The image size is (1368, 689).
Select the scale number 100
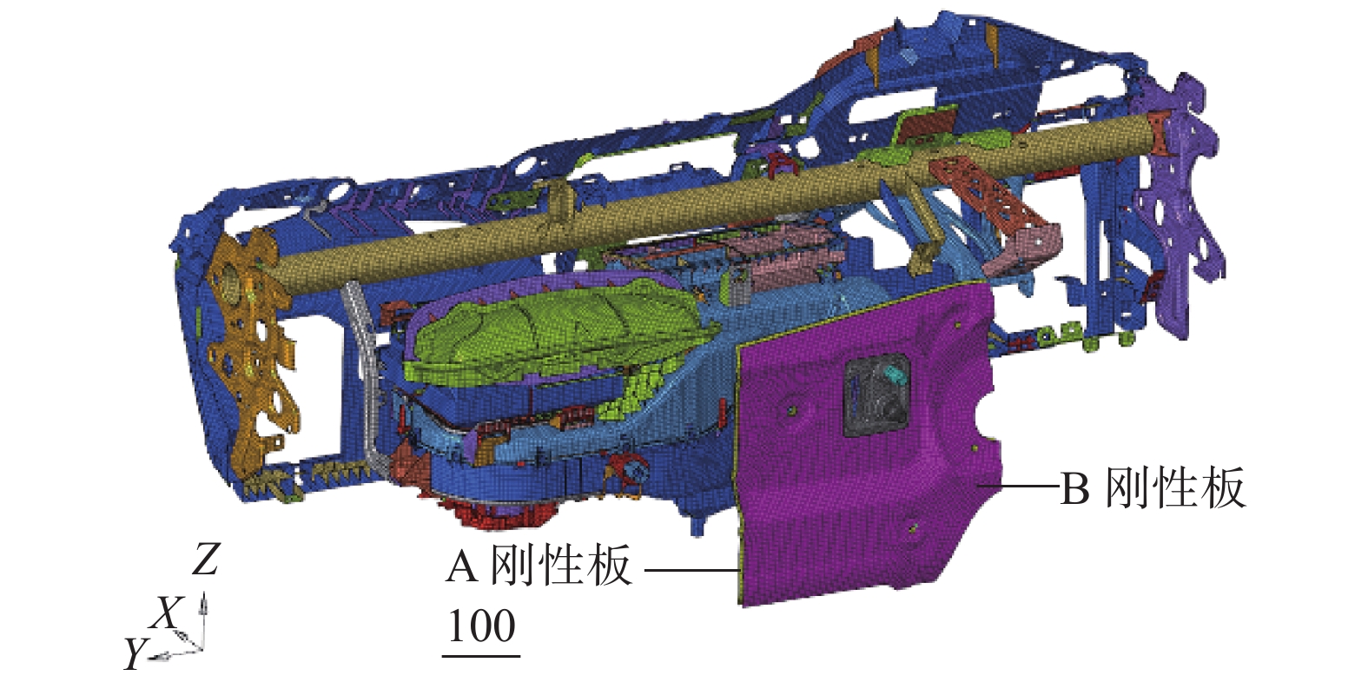click(482, 626)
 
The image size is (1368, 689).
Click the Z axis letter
click(205, 560)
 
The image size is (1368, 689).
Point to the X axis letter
click(166, 613)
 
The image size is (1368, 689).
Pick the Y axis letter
click(136, 653)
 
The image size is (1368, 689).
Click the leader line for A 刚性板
click(692, 571)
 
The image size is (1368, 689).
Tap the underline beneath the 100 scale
click(481, 656)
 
